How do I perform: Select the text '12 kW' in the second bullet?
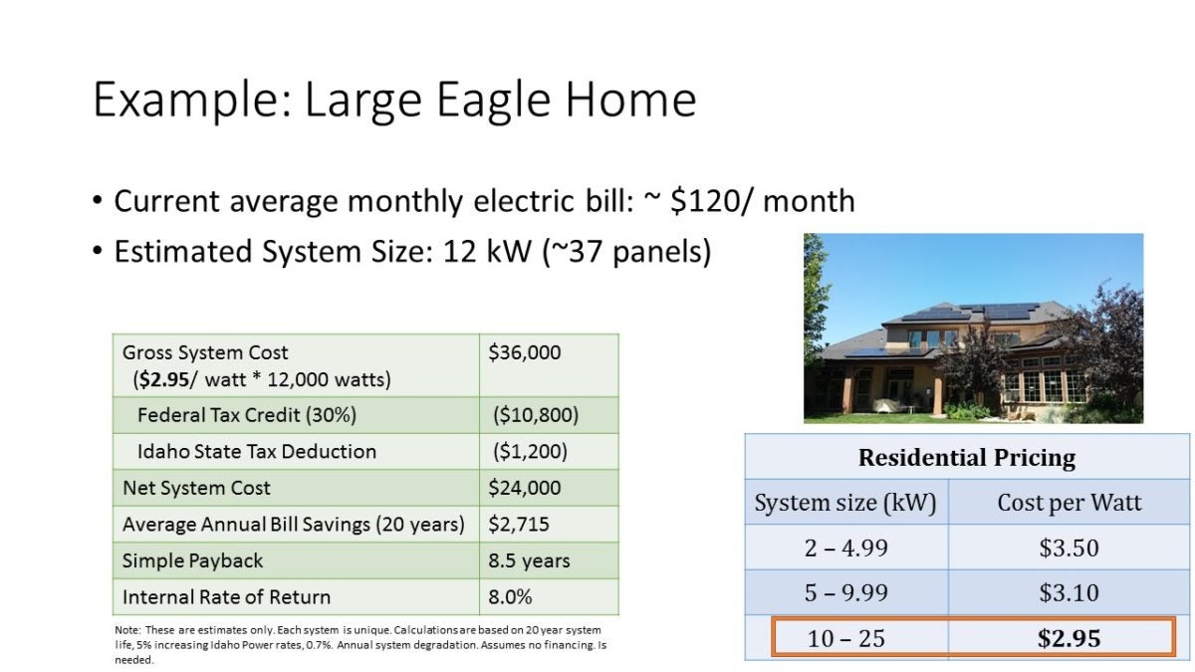pos(487,251)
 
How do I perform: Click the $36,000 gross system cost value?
pos(525,352)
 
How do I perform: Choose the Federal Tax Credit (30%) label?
pos(247,415)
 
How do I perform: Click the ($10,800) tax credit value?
pos(536,415)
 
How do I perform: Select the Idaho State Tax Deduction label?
pos(257,452)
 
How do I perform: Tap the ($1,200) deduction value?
pos(530,452)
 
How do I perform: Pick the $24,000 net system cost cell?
pos(525,488)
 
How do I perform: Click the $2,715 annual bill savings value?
pos(519,525)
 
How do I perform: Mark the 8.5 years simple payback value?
pos(529,561)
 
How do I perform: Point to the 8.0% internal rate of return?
pos(510,597)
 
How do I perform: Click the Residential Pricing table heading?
pos(967,458)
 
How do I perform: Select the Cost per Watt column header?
pos(1070,503)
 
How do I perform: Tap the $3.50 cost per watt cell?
pos(1070,548)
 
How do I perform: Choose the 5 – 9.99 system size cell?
pos(846,593)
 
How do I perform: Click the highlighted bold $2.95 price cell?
pos(1070,638)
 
